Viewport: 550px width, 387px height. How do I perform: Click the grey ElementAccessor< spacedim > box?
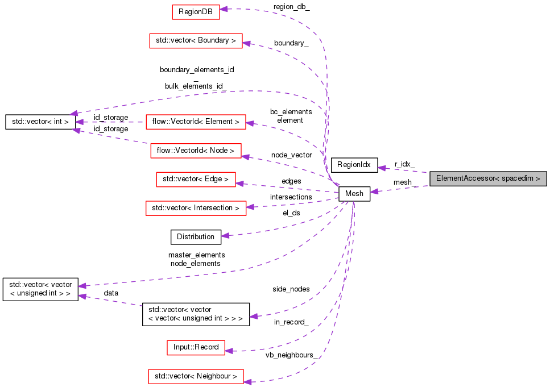pyautogui.click(x=488, y=178)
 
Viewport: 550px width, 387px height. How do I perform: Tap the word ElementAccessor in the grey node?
pyautogui.click(x=465, y=178)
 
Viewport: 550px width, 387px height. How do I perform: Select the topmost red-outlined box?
pyautogui.click(x=196, y=12)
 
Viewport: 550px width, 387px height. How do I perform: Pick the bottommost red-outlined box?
pyautogui.click(x=196, y=376)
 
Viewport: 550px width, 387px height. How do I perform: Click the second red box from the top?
pyautogui.click(x=196, y=40)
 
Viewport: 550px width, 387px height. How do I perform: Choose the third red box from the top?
pyautogui.click(x=196, y=122)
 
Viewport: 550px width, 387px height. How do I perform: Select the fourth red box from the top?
pyautogui.click(x=196, y=151)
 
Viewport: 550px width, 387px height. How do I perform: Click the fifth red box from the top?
pyautogui.click(x=196, y=180)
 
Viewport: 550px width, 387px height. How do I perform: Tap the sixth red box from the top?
pyautogui.click(x=196, y=208)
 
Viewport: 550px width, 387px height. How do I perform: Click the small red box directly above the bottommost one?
pyautogui.click(x=196, y=348)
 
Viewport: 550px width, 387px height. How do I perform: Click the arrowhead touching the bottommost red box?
pyautogui.click(x=248, y=381)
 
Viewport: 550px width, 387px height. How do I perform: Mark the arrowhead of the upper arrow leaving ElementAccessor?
pyautogui.click(x=382, y=168)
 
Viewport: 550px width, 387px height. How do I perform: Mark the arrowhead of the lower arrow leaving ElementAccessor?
pyautogui.click(x=374, y=192)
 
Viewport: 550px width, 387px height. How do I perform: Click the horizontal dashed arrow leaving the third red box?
pyautogui.click(x=114, y=122)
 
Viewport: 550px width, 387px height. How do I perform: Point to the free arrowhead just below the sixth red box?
pyautogui.click(x=225, y=235)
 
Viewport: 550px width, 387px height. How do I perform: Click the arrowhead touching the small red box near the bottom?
pyautogui.click(x=229, y=351)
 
